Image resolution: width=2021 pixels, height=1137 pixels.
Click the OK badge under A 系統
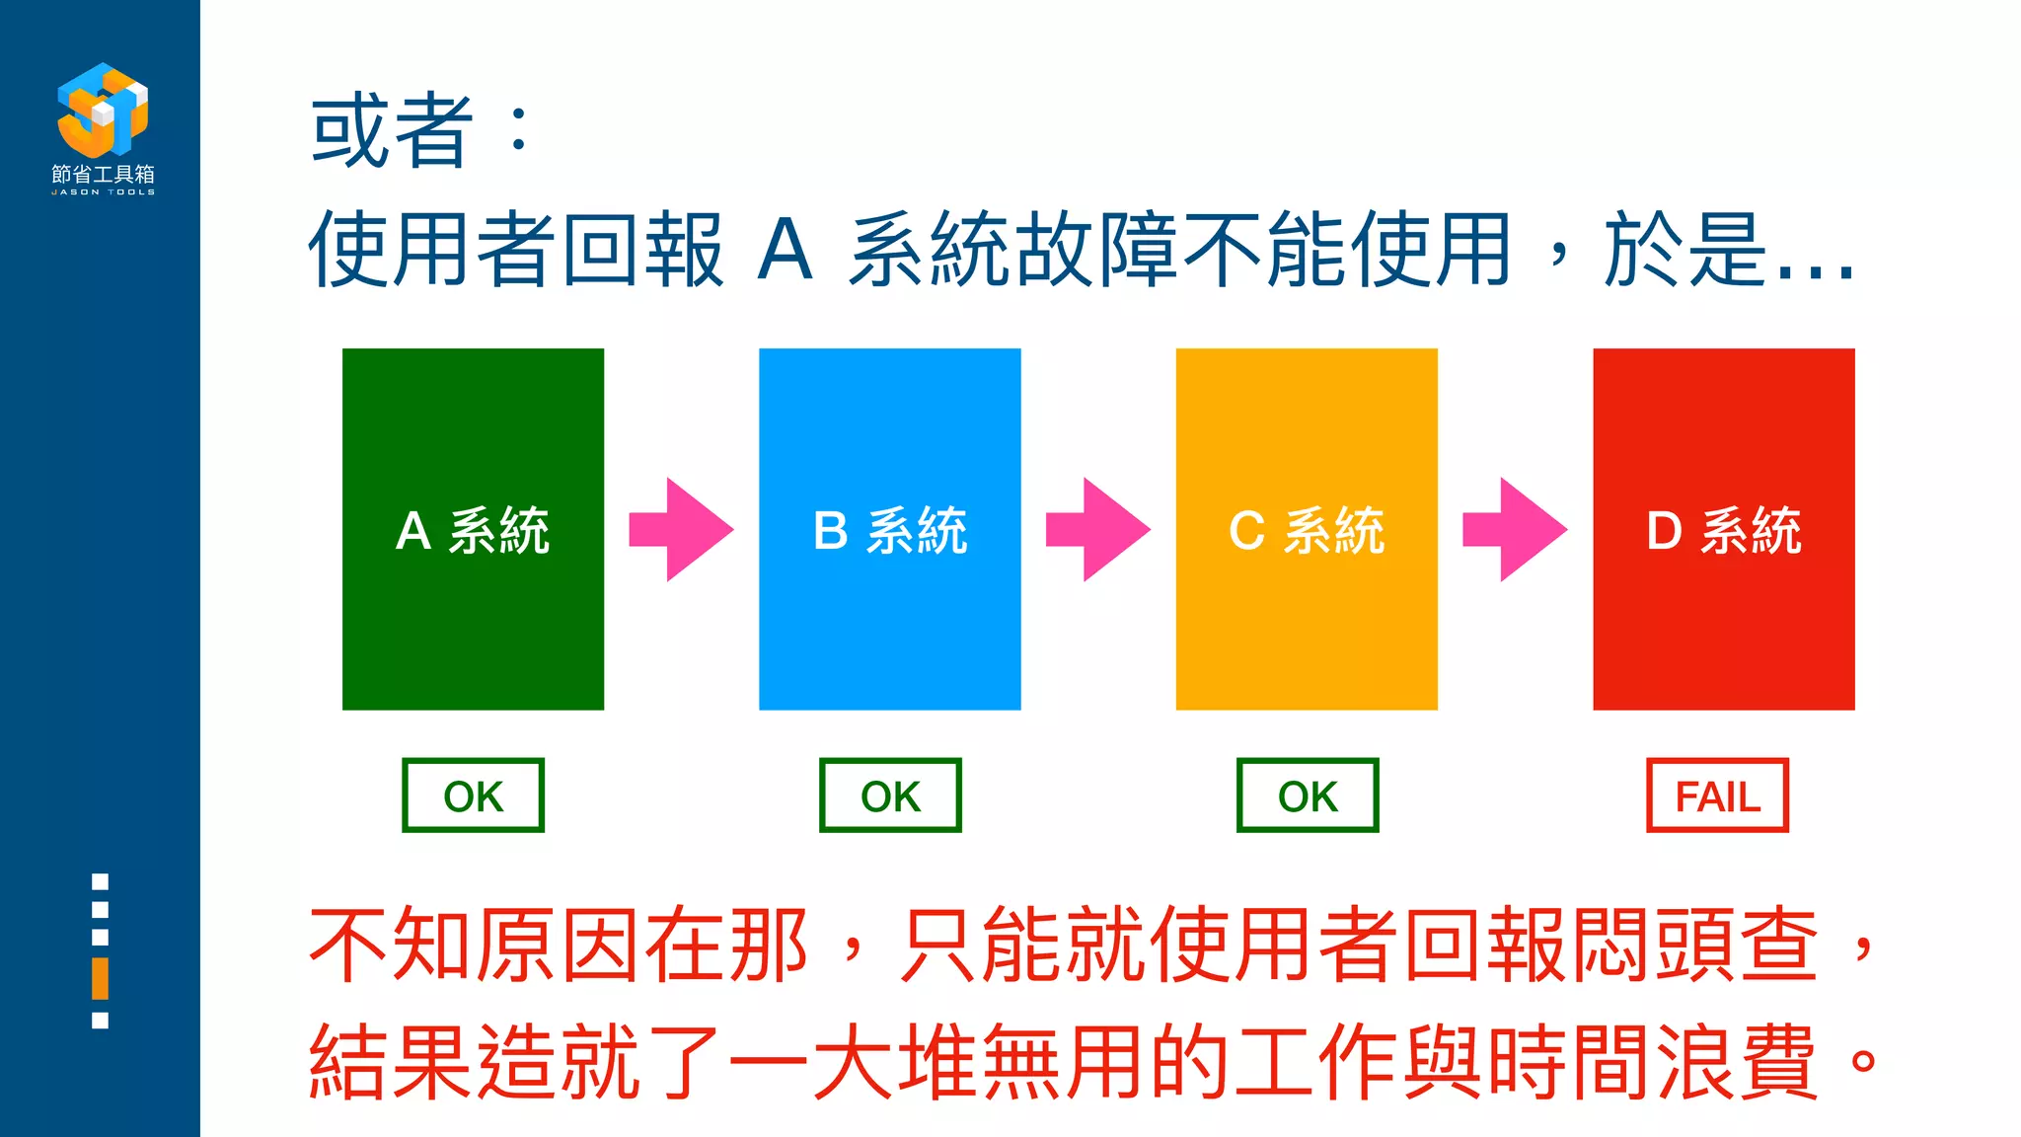click(473, 796)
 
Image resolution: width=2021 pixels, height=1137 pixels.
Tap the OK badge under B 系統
click(890, 796)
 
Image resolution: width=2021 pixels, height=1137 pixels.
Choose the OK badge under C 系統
click(1308, 796)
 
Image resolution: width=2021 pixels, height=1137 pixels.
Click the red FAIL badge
click(1717, 796)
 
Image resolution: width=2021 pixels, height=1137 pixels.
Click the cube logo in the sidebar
click(103, 109)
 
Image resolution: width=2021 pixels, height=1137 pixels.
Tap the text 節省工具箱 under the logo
click(103, 174)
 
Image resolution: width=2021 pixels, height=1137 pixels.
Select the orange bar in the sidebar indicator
click(100, 977)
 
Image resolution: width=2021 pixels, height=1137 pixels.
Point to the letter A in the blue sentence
click(786, 251)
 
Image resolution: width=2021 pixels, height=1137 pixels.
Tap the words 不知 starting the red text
click(393, 946)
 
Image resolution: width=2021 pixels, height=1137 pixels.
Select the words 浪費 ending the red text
click(1737, 1062)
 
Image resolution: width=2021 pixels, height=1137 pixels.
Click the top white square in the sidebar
click(100, 881)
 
